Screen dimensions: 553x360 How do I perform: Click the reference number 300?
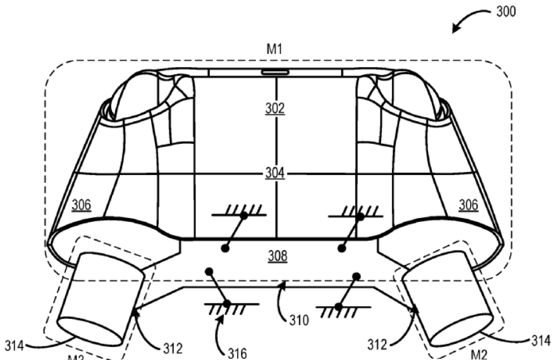506,12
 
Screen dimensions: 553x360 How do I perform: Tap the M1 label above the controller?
274,49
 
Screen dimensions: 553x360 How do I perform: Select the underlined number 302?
275,108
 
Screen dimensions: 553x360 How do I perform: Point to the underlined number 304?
275,173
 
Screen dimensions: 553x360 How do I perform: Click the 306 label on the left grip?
81,205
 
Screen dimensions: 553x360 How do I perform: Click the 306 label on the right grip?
468,205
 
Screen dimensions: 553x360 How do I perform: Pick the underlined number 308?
277,256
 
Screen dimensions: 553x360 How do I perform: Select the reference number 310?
299,320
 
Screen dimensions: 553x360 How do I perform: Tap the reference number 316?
237,353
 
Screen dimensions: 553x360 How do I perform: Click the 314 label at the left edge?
14,346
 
